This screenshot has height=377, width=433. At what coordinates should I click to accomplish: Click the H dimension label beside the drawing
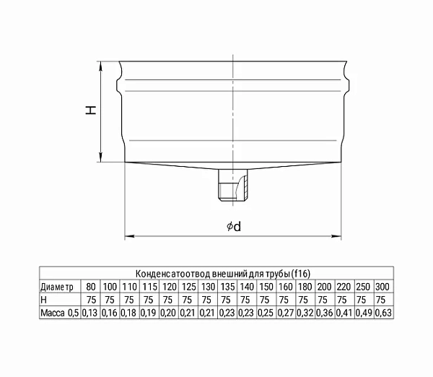pyautogui.click(x=91, y=110)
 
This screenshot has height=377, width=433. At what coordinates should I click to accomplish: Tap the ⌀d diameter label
pyautogui.click(x=234, y=227)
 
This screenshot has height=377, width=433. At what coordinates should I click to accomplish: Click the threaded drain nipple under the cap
pyautogui.click(x=233, y=185)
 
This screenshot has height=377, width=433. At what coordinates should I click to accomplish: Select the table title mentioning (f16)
pyautogui.click(x=223, y=274)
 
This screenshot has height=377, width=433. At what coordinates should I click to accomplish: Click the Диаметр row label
pyautogui.click(x=57, y=287)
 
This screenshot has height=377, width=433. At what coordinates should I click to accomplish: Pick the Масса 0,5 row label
pyautogui.click(x=60, y=313)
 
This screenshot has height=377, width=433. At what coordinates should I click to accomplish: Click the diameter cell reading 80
pyautogui.click(x=91, y=287)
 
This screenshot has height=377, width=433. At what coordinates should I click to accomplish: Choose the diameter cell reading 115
pyautogui.click(x=149, y=287)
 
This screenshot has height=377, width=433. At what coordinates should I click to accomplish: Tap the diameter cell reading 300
pyautogui.click(x=382, y=287)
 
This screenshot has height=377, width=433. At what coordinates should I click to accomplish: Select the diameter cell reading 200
pyautogui.click(x=324, y=287)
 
